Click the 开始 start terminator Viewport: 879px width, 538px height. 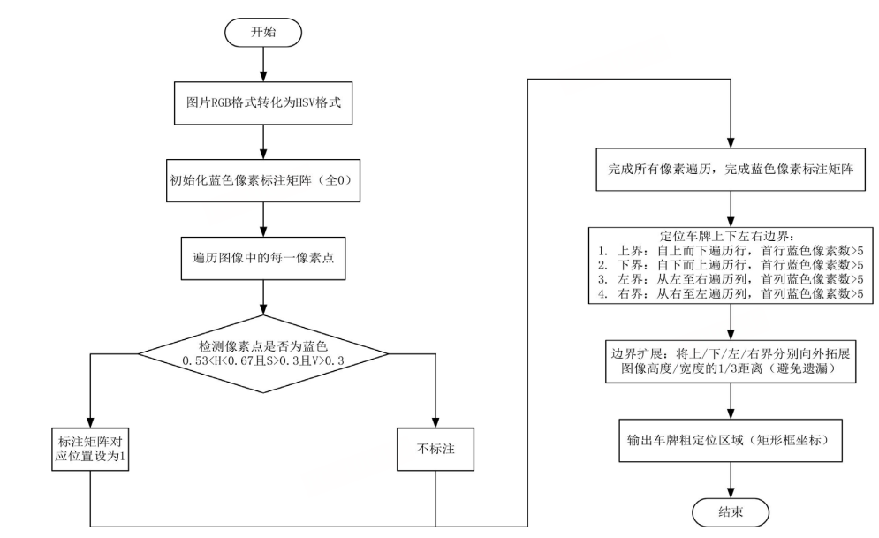[264, 30]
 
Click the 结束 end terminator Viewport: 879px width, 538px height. [729, 512]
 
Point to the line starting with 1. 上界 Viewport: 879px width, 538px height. [729, 251]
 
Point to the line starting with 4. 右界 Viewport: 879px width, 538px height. [729, 292]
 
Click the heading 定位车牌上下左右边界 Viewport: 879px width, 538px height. [729, 237]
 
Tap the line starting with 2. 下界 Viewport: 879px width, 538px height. [729, 265]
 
